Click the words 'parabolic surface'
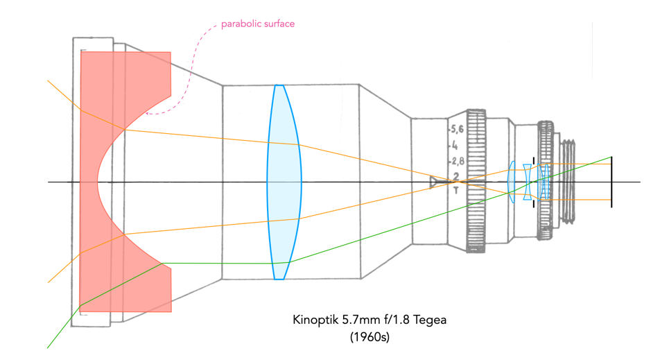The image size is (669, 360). (257, 24)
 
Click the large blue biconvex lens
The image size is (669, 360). (284, 182)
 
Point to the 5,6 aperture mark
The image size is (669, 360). (458, 129)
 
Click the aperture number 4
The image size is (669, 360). (455, 146)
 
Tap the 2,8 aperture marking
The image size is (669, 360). (458, 162)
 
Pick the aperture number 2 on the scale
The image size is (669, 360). (455, 175)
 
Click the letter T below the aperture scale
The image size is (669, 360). (455, 189)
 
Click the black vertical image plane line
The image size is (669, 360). (611, 182)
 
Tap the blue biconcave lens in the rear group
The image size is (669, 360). (528, 182)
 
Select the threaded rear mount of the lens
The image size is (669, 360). (567, 182)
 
